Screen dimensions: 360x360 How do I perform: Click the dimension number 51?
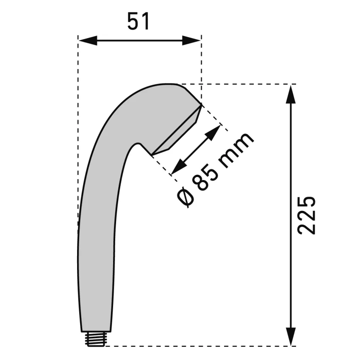pyautogui.click(x=138, y=22)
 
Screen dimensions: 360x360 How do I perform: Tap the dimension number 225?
pyautogui.click(x=306, y=215)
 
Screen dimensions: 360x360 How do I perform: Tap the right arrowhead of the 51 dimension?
pyautogui.click(x=191, y=40)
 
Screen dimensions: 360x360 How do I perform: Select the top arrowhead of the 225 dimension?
pyautogui.click(x=291, y=94)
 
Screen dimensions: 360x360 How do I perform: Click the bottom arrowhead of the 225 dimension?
pyautogui.click(x=291, y=336)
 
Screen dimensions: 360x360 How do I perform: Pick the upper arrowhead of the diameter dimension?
pyautogui.click(x=213, y=133)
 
